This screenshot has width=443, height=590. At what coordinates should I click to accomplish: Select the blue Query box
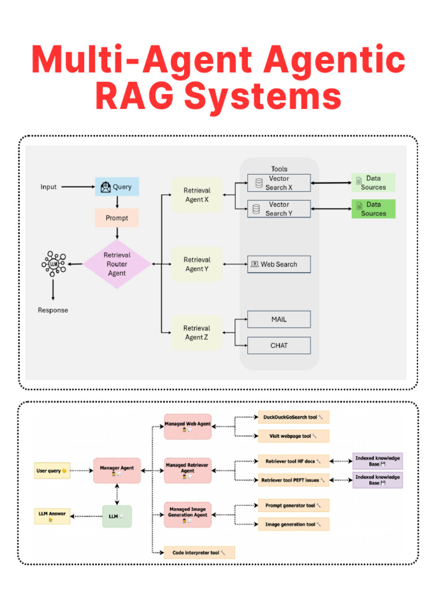tap(117, 187)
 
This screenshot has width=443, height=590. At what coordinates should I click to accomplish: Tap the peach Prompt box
tap(117, 218)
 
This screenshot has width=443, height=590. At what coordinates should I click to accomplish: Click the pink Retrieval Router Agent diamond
tap(117, 264)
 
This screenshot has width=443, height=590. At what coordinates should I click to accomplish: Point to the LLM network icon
tap(54, 264)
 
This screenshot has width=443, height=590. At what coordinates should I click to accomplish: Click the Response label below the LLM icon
tap(53, 310)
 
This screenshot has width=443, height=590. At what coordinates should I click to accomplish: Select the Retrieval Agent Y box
tap(197, 264)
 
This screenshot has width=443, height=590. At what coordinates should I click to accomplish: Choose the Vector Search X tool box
tap(279, 183)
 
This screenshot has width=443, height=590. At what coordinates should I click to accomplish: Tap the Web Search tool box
tap(279, 264)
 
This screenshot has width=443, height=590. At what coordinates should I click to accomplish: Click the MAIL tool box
tap(279, 319)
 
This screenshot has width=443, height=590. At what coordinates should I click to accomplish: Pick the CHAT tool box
tap(279, 346)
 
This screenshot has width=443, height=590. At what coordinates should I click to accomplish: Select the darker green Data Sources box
tap(373, 209)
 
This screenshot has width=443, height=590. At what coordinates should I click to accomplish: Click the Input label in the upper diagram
tap(48, 187)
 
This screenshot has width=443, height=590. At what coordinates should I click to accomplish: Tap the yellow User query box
tap(52, 471)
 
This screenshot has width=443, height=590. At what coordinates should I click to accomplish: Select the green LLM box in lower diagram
tap(117, 516)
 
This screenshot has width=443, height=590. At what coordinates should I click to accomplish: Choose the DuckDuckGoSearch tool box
tap(294, 417)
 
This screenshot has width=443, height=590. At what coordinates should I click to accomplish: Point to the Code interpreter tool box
tap(200, 553)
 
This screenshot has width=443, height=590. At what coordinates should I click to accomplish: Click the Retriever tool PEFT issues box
tap(294, 480)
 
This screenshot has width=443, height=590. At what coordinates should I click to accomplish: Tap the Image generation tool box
tap(294, 524)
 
